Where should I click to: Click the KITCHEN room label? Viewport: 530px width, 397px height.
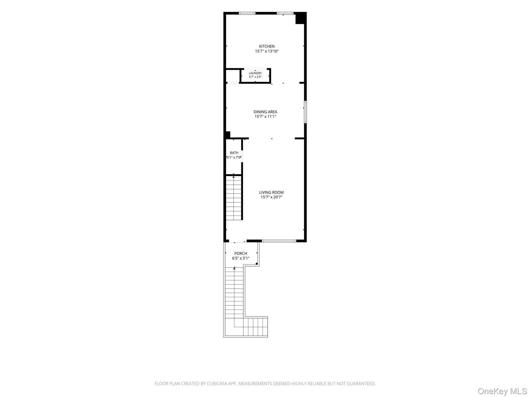[x=267, y=47]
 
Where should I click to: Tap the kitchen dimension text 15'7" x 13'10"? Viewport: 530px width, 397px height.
[x=267, y=51]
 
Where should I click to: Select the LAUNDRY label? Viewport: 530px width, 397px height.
[x=255, y=73]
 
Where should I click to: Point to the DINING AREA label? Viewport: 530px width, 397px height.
[x=265, y=112]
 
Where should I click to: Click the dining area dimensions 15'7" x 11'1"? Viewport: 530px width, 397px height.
[x=265, y=117]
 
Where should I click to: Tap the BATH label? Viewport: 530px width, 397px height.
[x=234, y=153]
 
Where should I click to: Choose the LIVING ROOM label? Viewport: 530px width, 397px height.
[x=271, y=192]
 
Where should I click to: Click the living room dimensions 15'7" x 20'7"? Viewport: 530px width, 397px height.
[x=271, y=197]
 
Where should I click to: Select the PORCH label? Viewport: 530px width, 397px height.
[x=241, y=254]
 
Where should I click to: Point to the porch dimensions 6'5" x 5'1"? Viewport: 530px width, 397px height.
[x=241, y=258]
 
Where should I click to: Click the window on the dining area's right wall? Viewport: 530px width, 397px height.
[x=305, y=112]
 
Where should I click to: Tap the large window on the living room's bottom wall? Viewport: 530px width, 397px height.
[x=279, y=241]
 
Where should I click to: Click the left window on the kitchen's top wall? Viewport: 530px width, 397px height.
[x=247, y=13]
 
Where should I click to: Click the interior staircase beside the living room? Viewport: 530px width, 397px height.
[x=234, y=198]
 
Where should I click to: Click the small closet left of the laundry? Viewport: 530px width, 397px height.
[x=233, y=76]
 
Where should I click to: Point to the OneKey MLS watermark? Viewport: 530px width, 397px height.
[x=502, y=391]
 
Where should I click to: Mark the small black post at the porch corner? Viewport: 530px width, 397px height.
[x=257, y=264]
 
